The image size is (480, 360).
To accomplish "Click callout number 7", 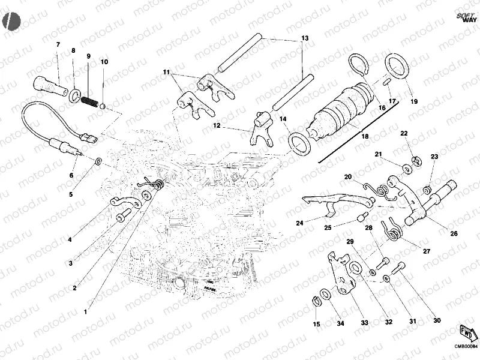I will (58, 45).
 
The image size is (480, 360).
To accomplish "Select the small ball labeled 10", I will (103, 106).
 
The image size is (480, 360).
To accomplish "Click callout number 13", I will (305, 38).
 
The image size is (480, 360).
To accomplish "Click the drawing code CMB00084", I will (465, 345).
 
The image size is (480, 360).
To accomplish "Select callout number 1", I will (86, 311).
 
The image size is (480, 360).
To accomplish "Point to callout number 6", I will (71, 176).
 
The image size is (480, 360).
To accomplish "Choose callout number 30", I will (436, 321).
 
